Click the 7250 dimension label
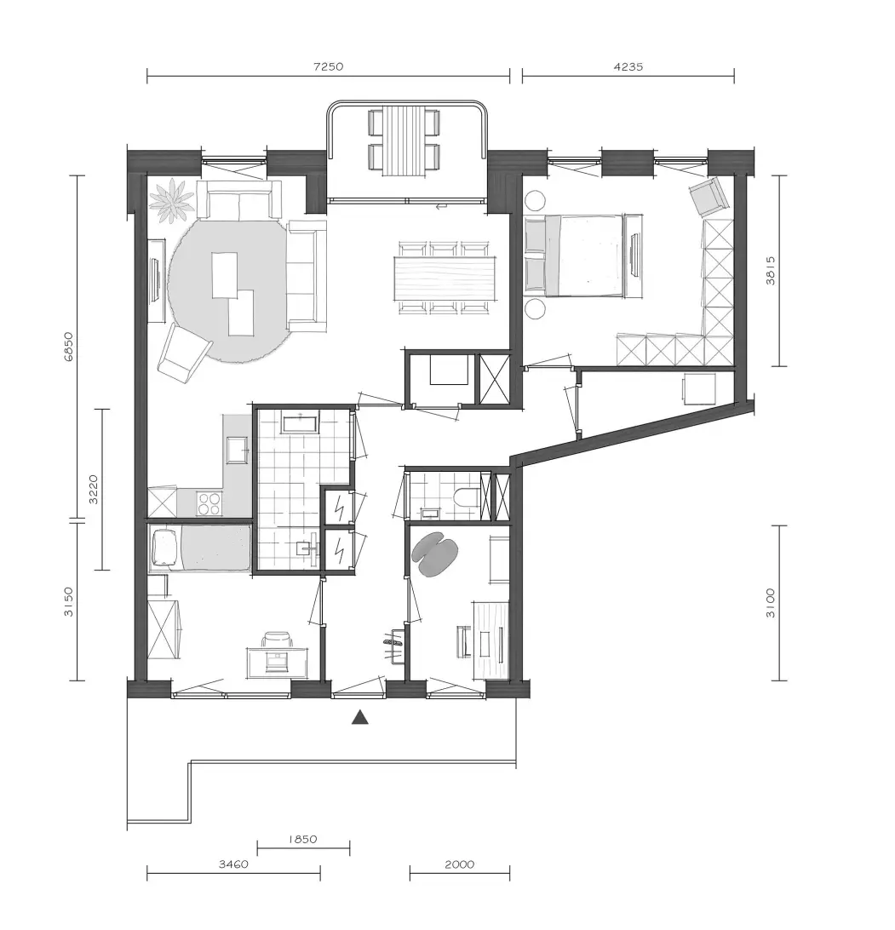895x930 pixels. click(328, 66)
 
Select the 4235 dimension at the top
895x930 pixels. click(628, 66)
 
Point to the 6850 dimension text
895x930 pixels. click(69, 347)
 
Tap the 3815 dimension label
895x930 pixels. click(770, 271)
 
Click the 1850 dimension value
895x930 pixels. click(302, 839)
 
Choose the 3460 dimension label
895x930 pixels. click(233, 864)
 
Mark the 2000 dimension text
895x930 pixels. click(460, 864)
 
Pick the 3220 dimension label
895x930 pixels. click(93, 490)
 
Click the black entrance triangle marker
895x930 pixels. click(360, 718)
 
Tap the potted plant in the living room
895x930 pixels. click(171, 201)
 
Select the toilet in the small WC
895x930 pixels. click(467, 496)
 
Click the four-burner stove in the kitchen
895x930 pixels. click(209, 503)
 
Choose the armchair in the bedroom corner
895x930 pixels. click(709, 197)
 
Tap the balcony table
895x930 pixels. click(404, 141)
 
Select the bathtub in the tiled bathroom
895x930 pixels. click(301, 425)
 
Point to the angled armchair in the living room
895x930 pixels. click(185, 353)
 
